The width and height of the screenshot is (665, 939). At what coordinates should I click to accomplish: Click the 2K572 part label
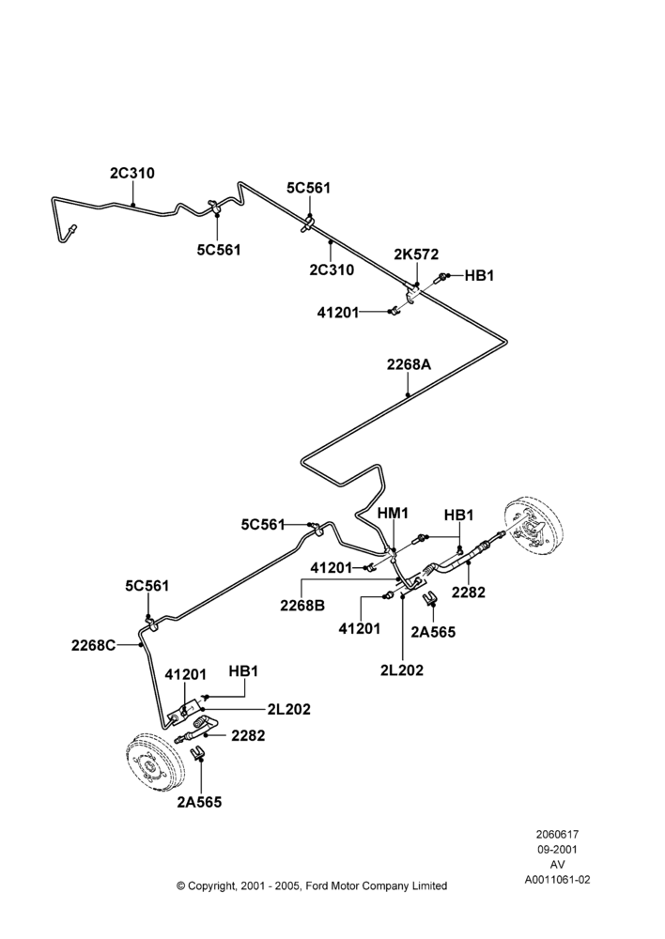(x=416, y=254)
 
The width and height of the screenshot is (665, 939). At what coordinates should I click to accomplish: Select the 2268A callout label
(x=409, y=364)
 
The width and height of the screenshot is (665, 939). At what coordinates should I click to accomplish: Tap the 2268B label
(x=302, y=606)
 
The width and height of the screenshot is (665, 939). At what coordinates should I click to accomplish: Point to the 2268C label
(x=94, y=646)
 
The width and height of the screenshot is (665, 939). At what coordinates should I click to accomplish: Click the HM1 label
(x=393, y=514)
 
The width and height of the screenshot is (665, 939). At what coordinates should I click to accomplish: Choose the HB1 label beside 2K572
(x=479, y=276)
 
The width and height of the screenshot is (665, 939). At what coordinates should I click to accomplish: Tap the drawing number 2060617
(x=557, y=834)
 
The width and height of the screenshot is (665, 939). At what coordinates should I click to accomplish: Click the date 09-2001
(x=557, y=849)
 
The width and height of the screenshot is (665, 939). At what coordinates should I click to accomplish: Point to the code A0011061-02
(x=557, y=880)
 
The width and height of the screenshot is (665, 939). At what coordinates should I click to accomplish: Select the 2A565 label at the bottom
(x=199, y=803)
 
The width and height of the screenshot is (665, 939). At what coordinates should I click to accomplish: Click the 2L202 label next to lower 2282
(x=289, y=710)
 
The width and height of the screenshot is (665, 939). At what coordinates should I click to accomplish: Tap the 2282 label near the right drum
(x=469, y=593)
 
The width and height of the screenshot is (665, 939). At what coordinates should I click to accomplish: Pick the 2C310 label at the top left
(x=132, y=173)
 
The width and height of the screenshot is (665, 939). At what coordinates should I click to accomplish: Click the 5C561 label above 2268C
(x=147, y=586)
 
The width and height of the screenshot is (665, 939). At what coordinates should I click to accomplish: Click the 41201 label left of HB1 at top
(x=338, y=312)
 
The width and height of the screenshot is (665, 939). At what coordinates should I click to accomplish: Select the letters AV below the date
(x=557, y=865)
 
